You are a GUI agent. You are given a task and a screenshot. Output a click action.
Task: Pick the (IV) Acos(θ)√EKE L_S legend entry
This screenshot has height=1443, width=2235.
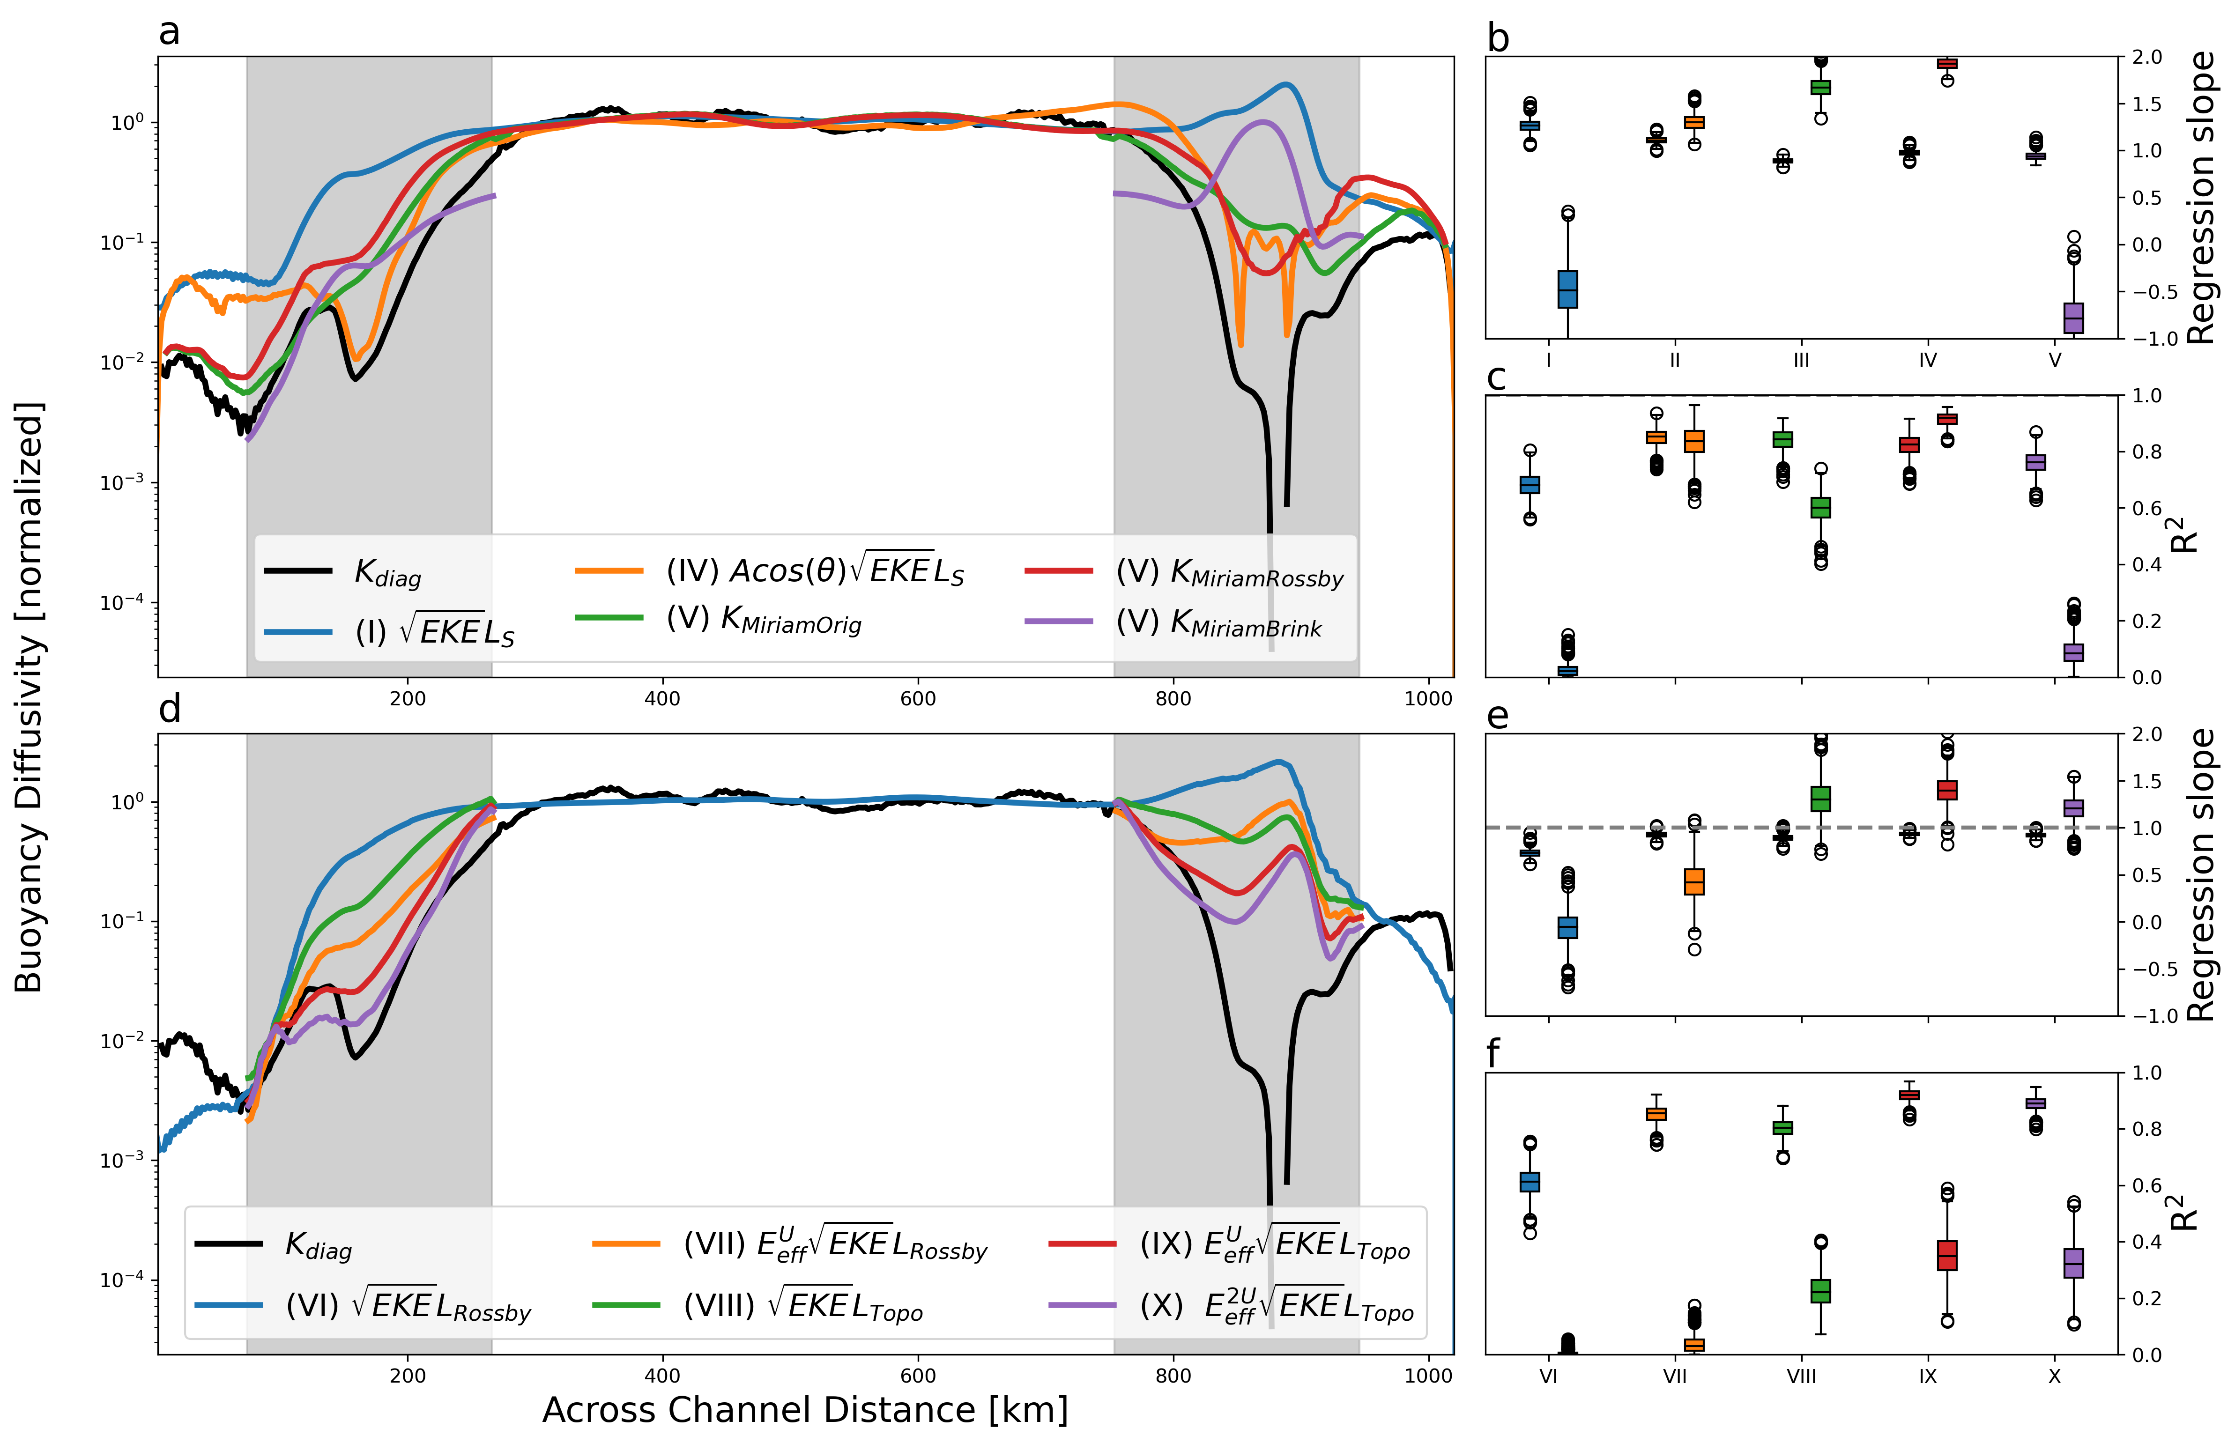[x=813, y=570]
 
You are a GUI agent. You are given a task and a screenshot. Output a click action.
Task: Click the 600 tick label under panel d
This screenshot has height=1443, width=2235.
[x=917, y=1376]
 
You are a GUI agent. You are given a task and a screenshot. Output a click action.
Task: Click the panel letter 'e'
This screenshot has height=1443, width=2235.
[x=1498, y=716]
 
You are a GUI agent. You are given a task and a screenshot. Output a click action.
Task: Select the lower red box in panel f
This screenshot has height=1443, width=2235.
[x=1947, y=1255]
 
